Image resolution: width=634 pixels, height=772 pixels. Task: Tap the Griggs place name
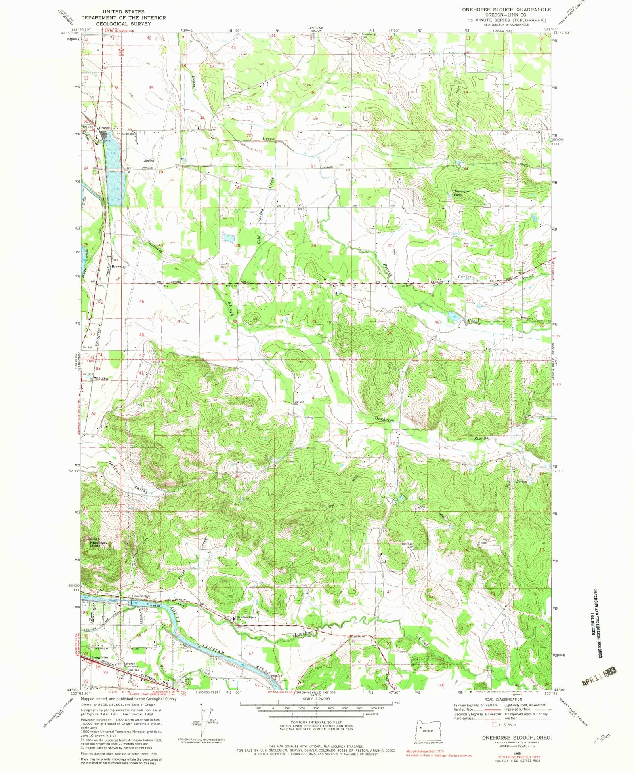coord(105,128)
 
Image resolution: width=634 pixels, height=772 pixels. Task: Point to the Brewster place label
coord(118,266)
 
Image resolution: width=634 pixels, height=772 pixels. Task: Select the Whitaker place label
coord(101,378)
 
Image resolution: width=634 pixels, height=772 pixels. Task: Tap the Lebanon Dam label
coord(140,596)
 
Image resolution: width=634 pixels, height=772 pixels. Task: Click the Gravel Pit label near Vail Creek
coord(189,679)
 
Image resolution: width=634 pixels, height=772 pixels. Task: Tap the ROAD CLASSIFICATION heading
coord(502,700)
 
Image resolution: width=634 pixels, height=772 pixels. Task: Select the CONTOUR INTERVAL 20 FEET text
coord(316,723)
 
